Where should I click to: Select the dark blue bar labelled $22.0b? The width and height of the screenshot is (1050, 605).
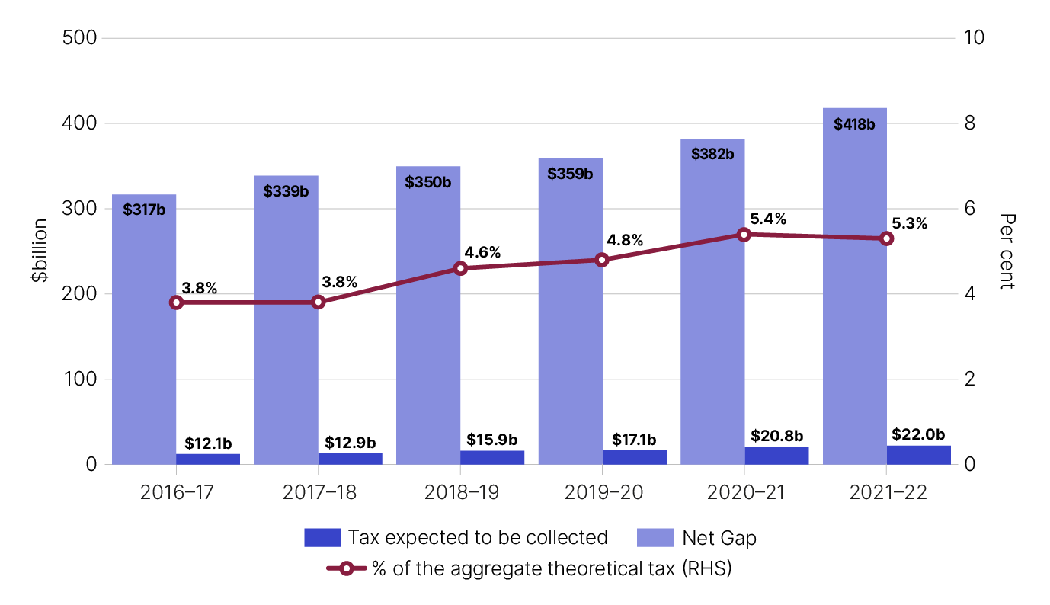[x=918, y=455]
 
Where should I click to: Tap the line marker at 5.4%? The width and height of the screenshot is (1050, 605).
[x=744, y=235]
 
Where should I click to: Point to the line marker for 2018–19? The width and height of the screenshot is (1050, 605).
[x=460, y=268]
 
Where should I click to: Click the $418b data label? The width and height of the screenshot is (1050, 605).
[x=854, y=124]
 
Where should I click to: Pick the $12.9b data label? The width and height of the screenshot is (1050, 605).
[x=350, y=442]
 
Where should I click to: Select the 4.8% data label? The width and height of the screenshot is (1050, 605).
[x=625, y=241]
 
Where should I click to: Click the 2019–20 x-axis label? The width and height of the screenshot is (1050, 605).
[x=603, y=492]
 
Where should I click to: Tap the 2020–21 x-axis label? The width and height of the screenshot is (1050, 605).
[x=744, y=492]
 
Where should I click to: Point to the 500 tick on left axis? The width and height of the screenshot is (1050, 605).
[x=78, y=38]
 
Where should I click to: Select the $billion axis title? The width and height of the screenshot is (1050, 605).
[x=40, y=251]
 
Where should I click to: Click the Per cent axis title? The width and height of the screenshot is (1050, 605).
[x=1007, y=251]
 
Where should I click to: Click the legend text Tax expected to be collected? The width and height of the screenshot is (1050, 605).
[x=478, y=538]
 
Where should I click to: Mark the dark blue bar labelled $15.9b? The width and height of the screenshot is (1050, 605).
[x=492, y=457]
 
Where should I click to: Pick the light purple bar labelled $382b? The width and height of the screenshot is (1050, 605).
[x=712, y=305]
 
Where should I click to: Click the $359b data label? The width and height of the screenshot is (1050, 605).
[x=570, y=174]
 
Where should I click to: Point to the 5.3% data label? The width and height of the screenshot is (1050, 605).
[x=909, y=224]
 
